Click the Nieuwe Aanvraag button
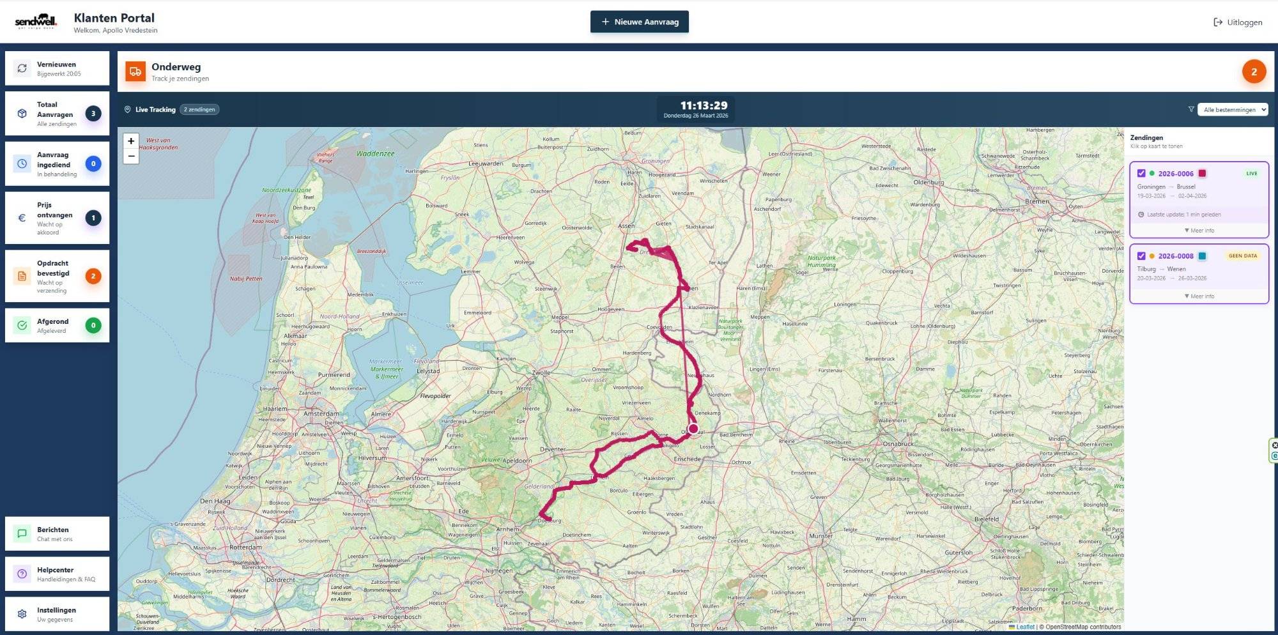639,22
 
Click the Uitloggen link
1238,22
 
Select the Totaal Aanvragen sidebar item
57,114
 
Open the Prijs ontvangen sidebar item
57,218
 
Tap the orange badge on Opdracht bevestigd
93,276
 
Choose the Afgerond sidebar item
57,325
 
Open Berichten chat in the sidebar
57,533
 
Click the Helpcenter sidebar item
57,574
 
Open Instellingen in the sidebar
57,614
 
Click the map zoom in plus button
131,141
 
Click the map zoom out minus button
131,157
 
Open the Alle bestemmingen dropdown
1233,110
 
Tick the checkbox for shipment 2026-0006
1141,173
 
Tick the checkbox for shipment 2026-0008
1141,256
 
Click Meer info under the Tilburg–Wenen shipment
1199,296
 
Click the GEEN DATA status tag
1242,256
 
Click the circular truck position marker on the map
693,429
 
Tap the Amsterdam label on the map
321,414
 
